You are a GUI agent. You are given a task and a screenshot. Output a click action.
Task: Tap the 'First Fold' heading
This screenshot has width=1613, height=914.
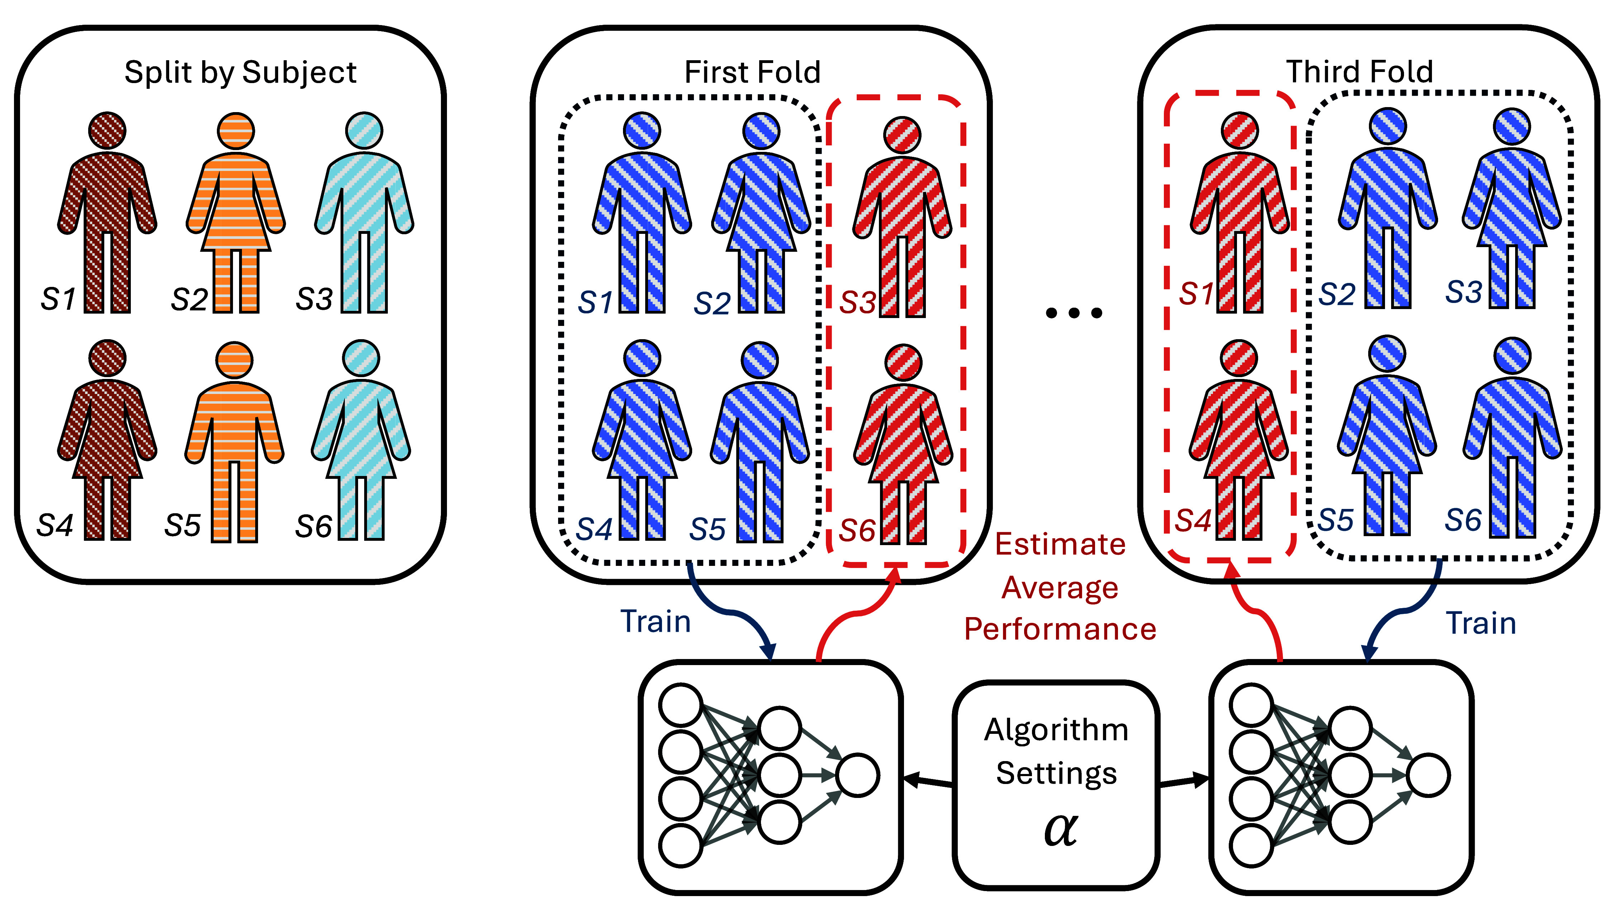click(x=752, y=72)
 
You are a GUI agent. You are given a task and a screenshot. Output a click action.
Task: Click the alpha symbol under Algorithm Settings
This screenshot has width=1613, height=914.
click(x=1060, y=829)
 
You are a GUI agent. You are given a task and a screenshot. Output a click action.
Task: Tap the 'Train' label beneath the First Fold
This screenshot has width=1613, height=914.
click(x=656, y=621)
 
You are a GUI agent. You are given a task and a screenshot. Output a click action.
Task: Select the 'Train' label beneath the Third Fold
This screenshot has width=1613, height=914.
click(x=1481, y=623)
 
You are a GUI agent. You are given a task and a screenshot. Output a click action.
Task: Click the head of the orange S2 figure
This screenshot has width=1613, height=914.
click(x=235, y=131)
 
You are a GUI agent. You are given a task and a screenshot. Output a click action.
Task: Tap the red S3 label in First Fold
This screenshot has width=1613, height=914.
click(x=858, y=303)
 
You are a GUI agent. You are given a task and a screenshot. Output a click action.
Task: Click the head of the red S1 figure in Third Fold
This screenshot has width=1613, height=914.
click(x=1239, y=131)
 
